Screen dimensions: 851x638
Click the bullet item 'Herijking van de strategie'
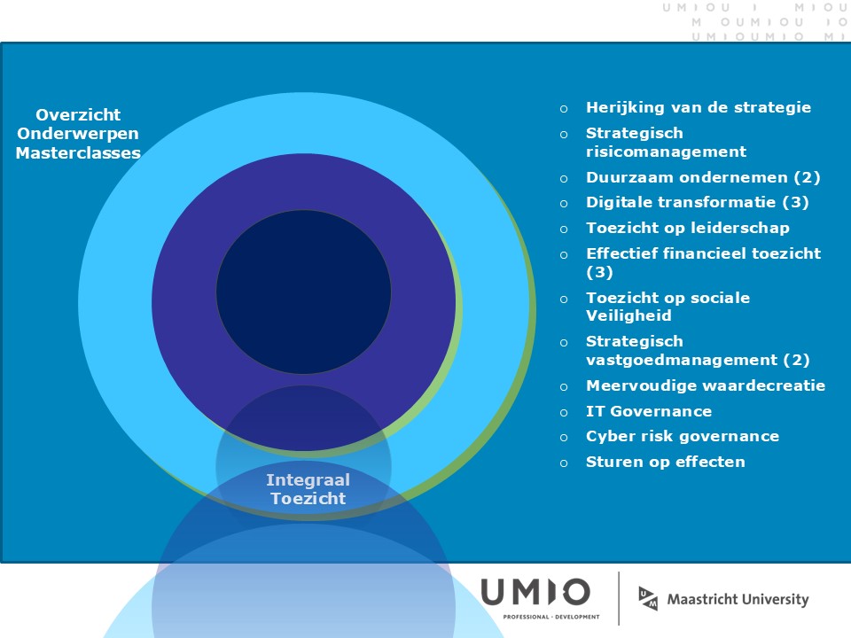click(699, 107)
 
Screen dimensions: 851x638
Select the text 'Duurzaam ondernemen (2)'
click(703, 177)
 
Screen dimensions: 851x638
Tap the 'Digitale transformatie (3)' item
click(698, 202)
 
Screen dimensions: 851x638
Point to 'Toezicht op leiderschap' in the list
click(688, 228)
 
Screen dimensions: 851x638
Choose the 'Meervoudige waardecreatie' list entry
click(706, 385)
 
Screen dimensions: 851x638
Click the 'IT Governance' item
click(649, 411)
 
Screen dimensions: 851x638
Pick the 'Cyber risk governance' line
click(683, 436)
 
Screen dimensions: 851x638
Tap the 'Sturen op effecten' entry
click(666, 462)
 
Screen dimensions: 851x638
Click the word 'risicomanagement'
click(666, 152)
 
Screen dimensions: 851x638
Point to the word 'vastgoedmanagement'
click(682, 360)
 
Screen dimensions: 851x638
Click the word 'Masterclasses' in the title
click(78, 153)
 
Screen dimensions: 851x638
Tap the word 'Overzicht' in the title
click(78, 115)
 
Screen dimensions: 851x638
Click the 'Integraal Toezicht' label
click(308, 489)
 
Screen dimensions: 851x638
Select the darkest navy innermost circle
click(303, 292)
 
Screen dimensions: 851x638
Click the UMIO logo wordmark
click(535, 592)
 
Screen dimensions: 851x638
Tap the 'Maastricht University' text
click(738, 600)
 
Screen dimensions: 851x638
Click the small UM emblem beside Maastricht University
click(648, 598)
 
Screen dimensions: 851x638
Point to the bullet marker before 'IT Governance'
click(564, 412)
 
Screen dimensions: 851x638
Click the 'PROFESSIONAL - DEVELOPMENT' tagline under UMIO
click(551, 617)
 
